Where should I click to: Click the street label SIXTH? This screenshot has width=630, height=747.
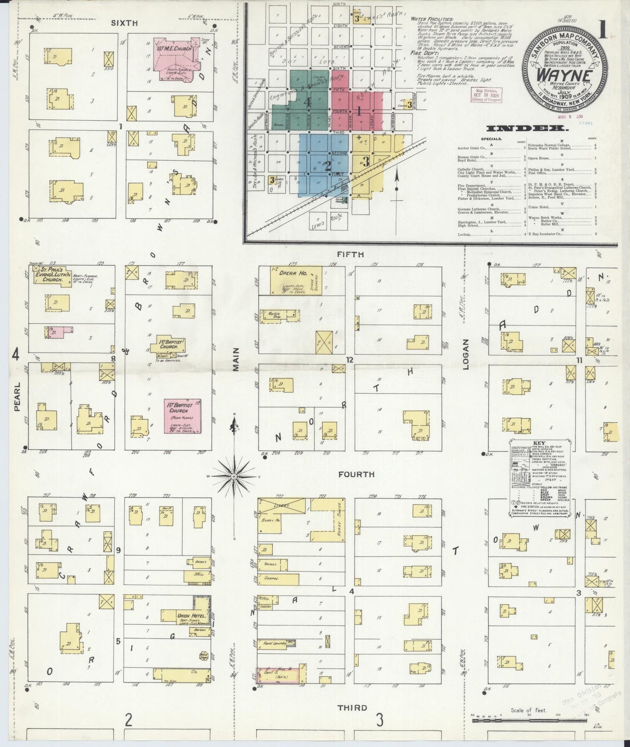click(x=124, y=23)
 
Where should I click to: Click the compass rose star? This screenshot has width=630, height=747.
click(x=234, y=476)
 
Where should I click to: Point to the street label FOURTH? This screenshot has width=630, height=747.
click(x=356, y=474)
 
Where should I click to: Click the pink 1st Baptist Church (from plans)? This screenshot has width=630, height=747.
click(x=182, y=416)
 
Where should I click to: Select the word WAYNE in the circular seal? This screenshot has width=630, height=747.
click(x=564, y=75)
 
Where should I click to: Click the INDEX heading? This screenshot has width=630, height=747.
click(x=527, y=128)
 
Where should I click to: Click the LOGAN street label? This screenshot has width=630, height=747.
click(x=466, y=360)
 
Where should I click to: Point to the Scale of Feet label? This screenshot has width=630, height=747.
click(x=529, y=710)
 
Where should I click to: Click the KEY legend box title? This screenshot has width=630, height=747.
click(x=539, y=443)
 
